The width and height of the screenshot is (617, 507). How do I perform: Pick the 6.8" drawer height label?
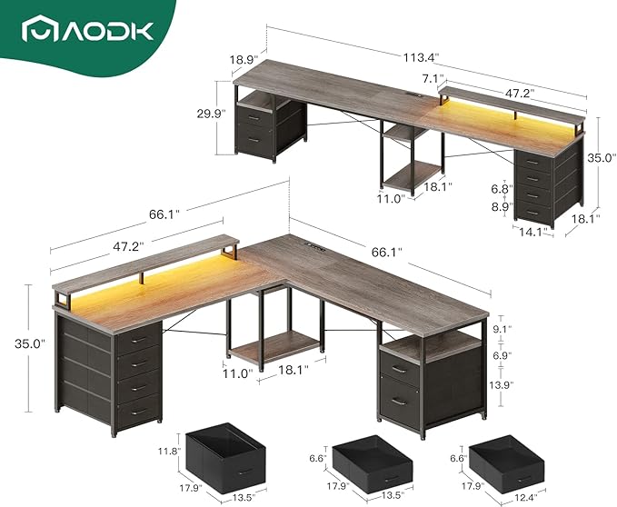pyautogui.click(x=500, y=188)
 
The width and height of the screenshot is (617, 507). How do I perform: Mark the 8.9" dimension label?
pyautogui.click(x=500, y=207)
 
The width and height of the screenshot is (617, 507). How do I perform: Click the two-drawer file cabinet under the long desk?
pyautogui.click(x=273, y=127)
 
